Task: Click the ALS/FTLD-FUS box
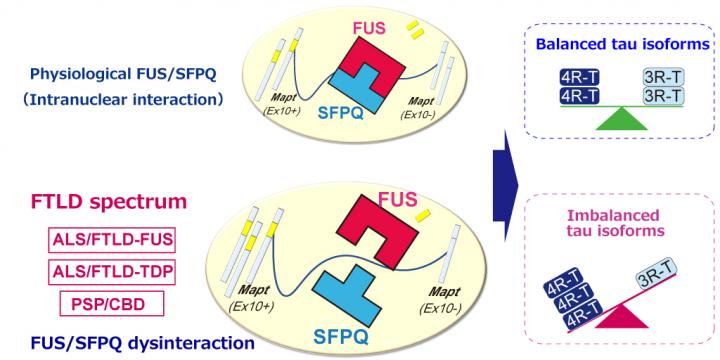[x=112, y=240]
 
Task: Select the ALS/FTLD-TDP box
[x=112, y=272]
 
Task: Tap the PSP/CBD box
[x=112, y=304]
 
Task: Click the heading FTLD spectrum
[x=109, y=202]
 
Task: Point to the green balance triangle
[x=621, y=121]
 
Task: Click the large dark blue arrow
[x=505, y=185]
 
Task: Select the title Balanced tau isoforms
[x=623, y=45]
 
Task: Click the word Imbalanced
[x=613, y=215]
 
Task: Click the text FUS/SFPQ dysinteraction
[x=143, y=343]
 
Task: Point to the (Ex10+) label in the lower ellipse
[x=251, y=306]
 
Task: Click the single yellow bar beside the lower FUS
[x=422, y=215]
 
